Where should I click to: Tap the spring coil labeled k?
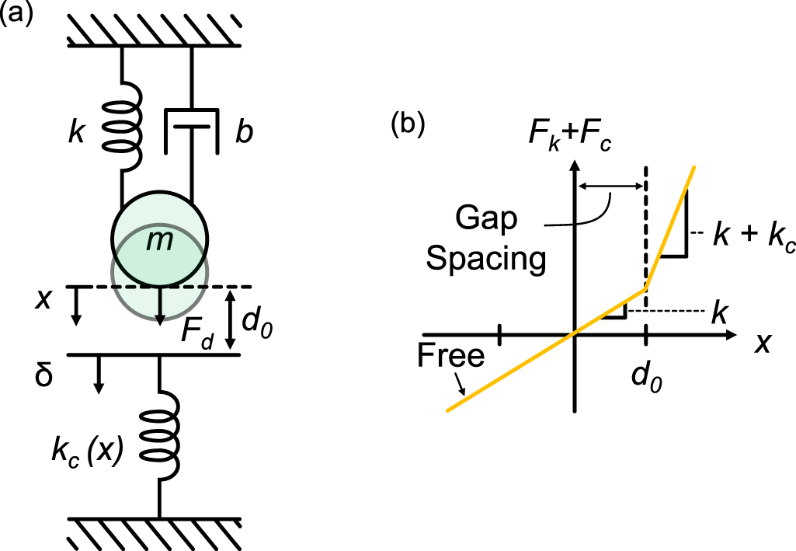(122, 122)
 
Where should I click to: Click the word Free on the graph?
(450, 355)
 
